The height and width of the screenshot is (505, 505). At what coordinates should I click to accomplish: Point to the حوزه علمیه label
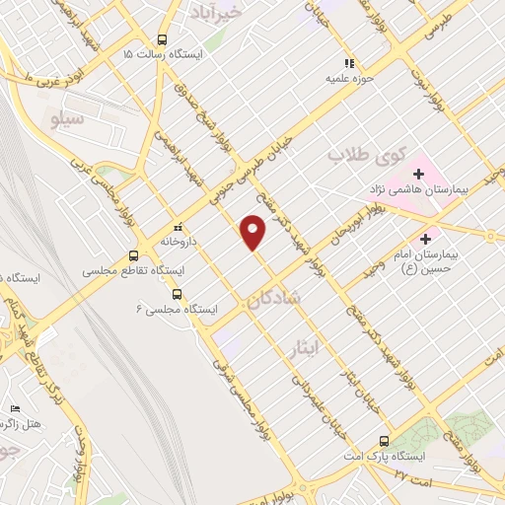click(351, 76)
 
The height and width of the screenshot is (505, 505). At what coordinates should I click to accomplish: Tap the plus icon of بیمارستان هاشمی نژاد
click(419, 174)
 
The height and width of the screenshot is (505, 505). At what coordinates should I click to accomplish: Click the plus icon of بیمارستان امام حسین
click(426, 238)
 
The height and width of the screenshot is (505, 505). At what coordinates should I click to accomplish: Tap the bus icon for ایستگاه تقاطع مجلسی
click(133, 256)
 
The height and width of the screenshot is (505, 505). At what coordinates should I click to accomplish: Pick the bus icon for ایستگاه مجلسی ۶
click(177, 293)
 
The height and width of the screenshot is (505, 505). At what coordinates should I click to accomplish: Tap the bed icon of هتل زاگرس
click(14, 408)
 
